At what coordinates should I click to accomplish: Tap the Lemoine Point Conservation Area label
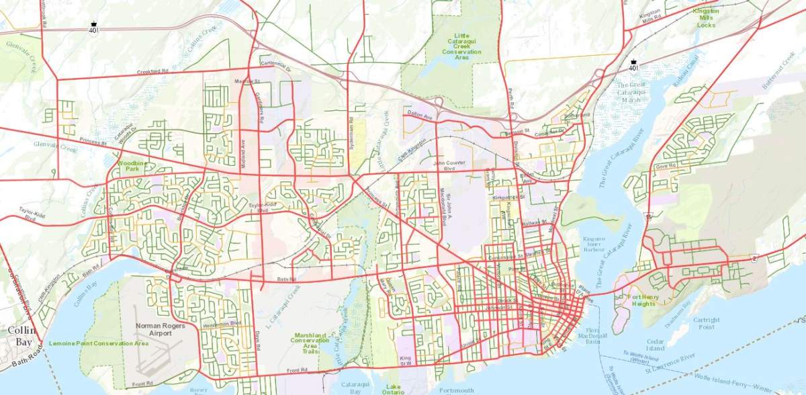click(98, 343)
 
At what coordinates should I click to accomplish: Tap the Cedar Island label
click(656, 343)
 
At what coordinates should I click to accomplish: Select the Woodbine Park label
click(132, 167)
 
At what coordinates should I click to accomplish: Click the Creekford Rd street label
click(152, 71)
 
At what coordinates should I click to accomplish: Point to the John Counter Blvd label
click(449, 166)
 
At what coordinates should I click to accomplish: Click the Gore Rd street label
click(666, 165)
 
